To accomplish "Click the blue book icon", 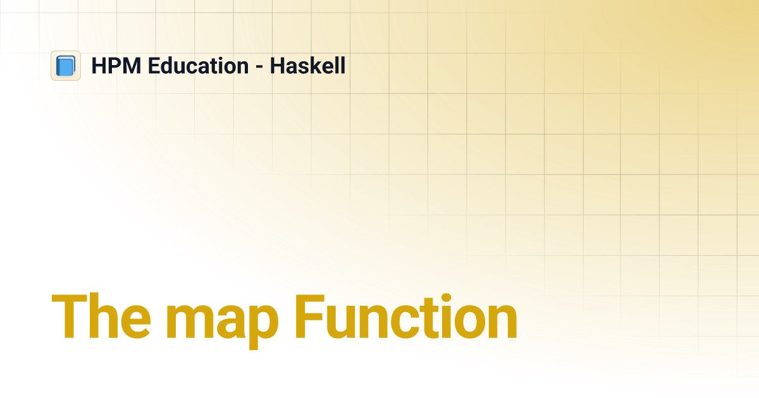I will tap(66, 66).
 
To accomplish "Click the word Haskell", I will tap(307, 66).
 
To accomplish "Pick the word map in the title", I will tap(221, 322).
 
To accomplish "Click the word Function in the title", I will tap(405, 318).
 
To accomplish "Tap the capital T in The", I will tap(68, 318).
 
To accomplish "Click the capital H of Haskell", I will tap(277, 66).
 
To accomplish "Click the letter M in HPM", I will tap(129, 66).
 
